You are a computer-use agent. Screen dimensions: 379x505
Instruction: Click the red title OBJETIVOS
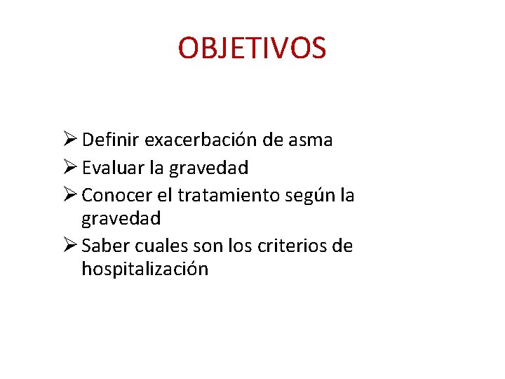(x=252, y=48)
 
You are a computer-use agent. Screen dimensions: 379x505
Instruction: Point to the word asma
(x=311, y=140)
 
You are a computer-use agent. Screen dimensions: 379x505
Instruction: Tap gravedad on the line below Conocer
(x=121, y=219)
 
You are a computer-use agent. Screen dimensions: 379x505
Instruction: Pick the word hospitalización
(x=144, y=270)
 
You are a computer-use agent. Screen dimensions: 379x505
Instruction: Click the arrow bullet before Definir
(x=69, y=140)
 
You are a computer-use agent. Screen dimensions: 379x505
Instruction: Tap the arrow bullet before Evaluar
(x=69, y=168)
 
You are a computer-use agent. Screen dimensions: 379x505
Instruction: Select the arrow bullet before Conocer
(x=69, y=194)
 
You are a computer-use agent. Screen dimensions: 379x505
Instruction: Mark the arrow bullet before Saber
(x=69, y=246)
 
